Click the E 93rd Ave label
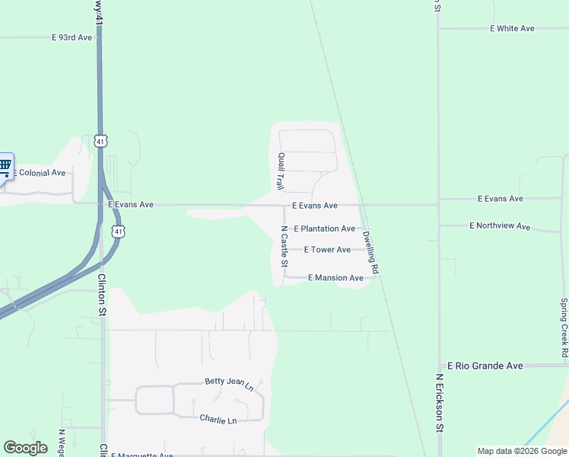coord(72,37)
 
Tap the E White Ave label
coord(512,28)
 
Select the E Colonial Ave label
coord(42,173)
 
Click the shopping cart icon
coord(5,165)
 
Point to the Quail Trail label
coord(281,171)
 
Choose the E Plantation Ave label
coord(324,228)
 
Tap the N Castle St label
coord(284,247)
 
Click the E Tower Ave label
coord(327,250)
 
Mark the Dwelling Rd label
coord(370,252)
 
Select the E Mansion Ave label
coord(335,278)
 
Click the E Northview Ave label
coord(500,226)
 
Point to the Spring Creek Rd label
coord(564,328)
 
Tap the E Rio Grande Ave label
coord(485,366)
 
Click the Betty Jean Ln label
coord(228,384)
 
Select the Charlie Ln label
coord(218,420)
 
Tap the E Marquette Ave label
coord(142,455)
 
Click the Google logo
coord(25,448)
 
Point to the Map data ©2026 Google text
coord(522,451)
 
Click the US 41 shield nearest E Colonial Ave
coord(100,141)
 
